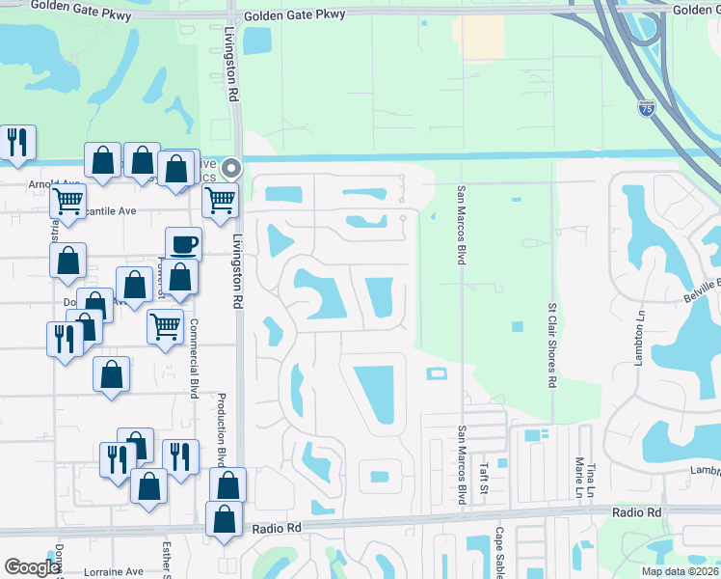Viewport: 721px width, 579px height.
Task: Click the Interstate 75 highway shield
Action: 647,110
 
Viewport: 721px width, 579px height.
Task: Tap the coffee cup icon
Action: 183,244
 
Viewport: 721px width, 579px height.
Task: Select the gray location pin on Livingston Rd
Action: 230,169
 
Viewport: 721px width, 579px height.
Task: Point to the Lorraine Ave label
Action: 119,570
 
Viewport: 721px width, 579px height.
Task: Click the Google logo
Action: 33,567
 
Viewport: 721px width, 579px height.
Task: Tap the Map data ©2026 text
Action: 679,571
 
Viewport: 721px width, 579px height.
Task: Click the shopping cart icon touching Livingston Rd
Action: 221,200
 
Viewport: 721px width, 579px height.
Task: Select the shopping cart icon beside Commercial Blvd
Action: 166,326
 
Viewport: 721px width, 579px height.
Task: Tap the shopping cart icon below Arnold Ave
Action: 67,201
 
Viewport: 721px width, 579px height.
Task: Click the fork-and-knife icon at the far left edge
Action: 17,142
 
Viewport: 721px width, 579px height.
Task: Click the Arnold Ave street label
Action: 54,183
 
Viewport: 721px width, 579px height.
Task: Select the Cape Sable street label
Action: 500,551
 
